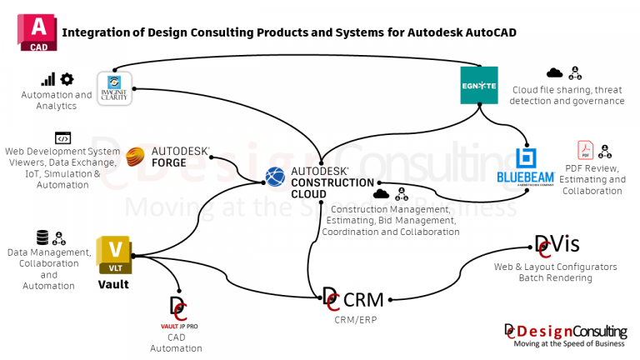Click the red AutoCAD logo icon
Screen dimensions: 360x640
(x=37, y=32)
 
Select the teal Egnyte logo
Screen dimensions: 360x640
(x=479, y=85)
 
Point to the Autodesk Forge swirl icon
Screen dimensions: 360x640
(x=137, y=156)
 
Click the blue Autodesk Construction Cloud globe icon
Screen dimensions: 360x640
(x=275, y=176)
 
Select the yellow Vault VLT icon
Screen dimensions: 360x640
(x=114, y=255)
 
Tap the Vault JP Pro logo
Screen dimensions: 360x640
(x=177, y=313)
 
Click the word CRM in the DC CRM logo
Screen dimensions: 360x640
(x=363, y=299)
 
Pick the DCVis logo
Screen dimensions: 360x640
(x=557, y=245)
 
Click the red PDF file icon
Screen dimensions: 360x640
(x=585, y=151)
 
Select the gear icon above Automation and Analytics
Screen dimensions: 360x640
(x=67, y=79)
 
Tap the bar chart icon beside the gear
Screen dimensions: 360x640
(x=48, y=79)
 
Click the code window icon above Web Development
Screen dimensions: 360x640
(x=62, y=138)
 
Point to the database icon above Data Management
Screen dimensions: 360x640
(x=42, y=237)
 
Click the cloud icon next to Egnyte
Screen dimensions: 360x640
(x=554, y=72)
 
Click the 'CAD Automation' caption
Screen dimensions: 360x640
(x=176, y=342)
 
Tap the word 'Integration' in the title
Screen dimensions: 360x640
(x=96, y=32)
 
